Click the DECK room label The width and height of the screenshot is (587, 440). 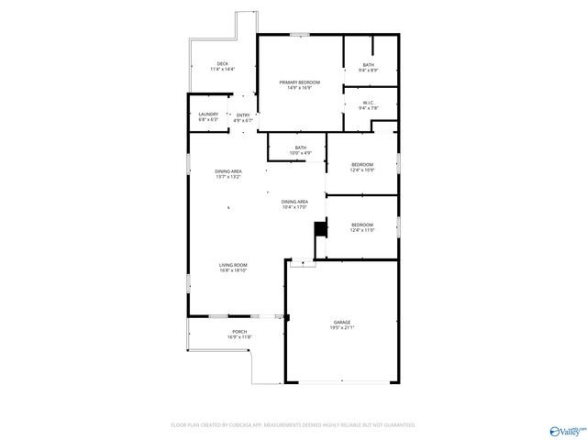click(x=222, y=64)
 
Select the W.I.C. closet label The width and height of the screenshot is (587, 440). click(x=368, y=103)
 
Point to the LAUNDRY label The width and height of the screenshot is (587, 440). click(x=208, y=114)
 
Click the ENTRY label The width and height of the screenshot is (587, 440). click(x=242, y=115)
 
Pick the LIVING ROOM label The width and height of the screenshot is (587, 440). click(x=233, y=265)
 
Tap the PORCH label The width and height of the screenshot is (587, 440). click(x=239, y=331)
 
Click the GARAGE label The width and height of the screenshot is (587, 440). click(x=342, y=323)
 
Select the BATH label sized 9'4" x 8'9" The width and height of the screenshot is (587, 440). click(x=368, y=64)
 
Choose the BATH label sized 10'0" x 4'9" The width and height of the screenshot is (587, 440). click(x=300, y=148)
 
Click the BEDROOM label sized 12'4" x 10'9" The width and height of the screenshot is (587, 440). click(x=361, y=164)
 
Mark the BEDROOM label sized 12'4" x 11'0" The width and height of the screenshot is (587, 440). click(x=361, y=225)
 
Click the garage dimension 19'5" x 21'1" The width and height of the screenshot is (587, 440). click(x=342, y=328)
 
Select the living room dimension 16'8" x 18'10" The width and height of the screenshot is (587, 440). click(x=233, y=270)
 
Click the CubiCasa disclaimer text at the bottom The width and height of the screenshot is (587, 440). click(x=293, y=425)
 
